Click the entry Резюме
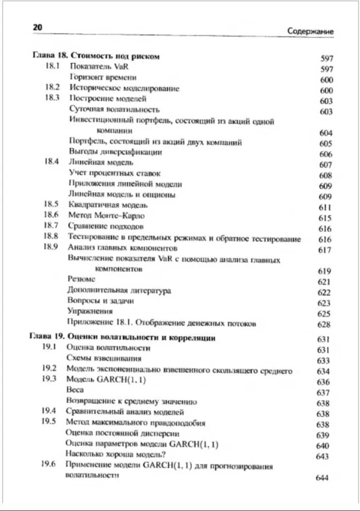(x=81, y=280)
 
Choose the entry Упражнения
(x=90, y=311)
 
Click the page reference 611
(x=325, y=207)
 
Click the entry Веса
(x=75, y=390)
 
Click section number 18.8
(x=53, y=237)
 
